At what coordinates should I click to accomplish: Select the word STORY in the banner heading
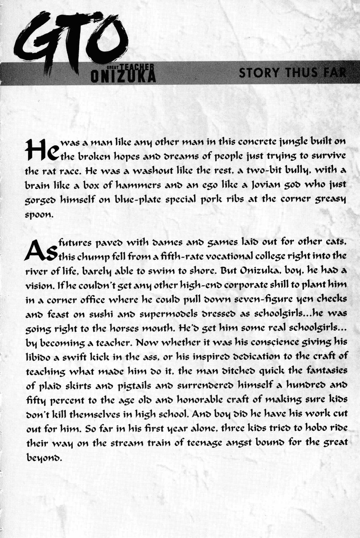tap(258, 73)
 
